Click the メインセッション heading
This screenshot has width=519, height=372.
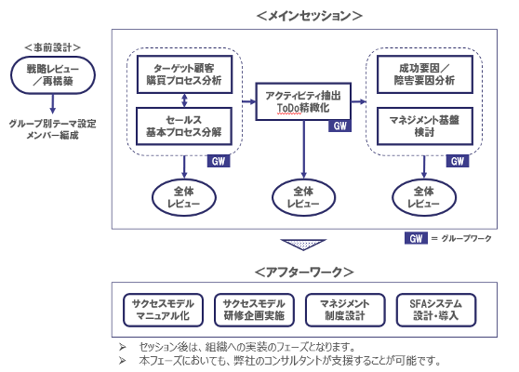tap(309, 16)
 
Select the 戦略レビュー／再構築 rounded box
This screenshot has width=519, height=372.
tap(53, 75)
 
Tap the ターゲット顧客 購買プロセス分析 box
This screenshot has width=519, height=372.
tap(184, 74)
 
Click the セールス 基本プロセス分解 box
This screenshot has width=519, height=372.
tap(184, 126)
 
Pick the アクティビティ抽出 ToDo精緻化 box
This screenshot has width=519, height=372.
tap(303, 101)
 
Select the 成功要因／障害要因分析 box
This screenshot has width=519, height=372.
tap(425, 74)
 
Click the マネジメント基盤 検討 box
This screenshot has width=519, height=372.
tap(425, 126)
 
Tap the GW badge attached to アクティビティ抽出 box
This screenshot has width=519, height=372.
tap(339, 126)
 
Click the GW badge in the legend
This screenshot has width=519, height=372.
tap(416, 238)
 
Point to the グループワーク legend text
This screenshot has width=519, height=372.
tap(466, 239)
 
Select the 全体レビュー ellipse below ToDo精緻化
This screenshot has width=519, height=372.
tap(303, 197)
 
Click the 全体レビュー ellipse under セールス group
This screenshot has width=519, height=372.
tap(184, 197)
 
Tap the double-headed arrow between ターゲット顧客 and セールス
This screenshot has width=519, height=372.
tap(184, 100)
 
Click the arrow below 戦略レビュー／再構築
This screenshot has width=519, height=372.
tap(52, 104)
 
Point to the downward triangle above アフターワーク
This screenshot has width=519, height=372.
tap(303, 245)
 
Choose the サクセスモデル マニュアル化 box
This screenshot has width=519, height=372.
tap(163, 310)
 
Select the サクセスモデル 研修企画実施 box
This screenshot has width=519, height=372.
tap(254, 310)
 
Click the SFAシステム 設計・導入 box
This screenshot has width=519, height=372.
tap(436, 310)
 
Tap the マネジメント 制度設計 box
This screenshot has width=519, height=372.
tap(345, 310)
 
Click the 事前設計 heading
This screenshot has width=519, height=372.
tap(52, 47)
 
